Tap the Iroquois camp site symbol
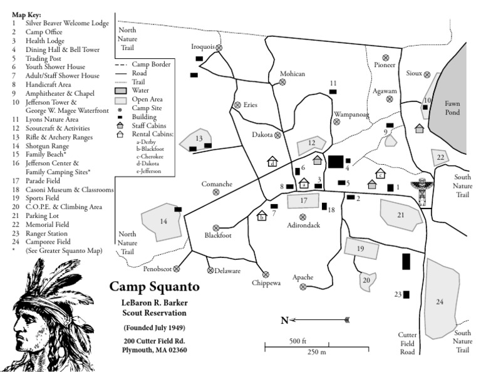pyautogui.click(x=219, y=47)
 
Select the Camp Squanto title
pyautogui.click(x=155, y=287)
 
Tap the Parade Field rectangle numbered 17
pyautogui.click(x=304, y=200)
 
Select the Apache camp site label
pyautogui.click(x=303, y=277)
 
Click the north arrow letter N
pyautogui.click(x=284, y=321)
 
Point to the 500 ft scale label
pyautogui.click(x=297, y=341)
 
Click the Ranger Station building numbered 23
pyautogui.click(x=406, y=294)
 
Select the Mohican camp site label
pyautogui.click(x=292, y=74)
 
